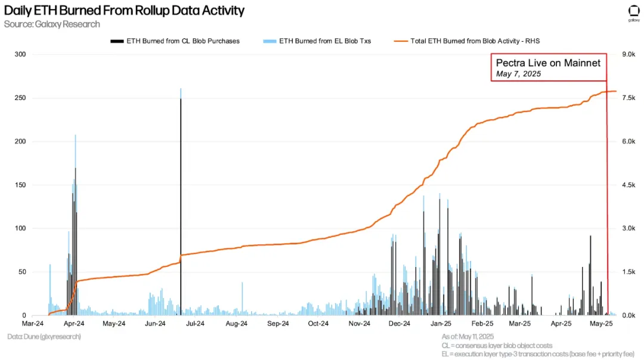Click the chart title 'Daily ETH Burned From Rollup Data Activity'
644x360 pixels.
click(124, 11)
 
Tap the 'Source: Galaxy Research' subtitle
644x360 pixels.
click(52, 24)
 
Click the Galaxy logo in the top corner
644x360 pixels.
click(633, 12)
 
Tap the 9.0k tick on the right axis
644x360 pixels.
click(631, 54)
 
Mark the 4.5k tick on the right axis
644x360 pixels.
click(631, 185)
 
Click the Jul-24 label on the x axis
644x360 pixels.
click(196, 324)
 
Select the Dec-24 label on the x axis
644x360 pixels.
click(399, 324)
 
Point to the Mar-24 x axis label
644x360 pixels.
click(33, 324)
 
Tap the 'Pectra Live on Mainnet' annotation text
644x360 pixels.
click(548, 63)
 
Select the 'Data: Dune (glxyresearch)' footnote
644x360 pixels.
click(44, 337)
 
